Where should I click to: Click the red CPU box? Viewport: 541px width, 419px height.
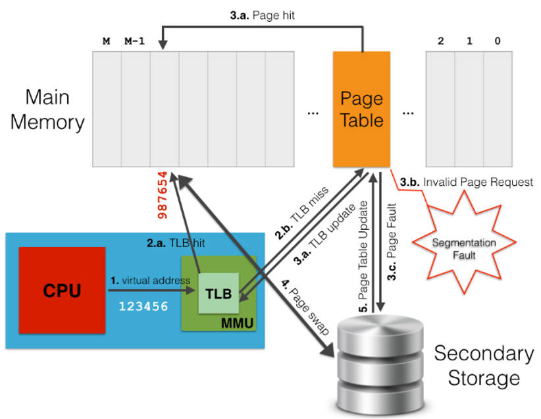click(63, 290)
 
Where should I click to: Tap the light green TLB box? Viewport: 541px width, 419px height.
click(219, 293)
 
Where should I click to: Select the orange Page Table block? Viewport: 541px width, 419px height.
click(361, 109)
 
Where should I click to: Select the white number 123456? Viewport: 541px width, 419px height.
click(143, 306)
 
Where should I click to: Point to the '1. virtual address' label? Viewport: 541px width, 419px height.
click(151, 280)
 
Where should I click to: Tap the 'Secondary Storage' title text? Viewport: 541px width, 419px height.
click(484, 366)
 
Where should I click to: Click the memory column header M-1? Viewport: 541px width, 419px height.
click(134, 42)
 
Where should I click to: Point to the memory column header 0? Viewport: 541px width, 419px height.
click(497, 42)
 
